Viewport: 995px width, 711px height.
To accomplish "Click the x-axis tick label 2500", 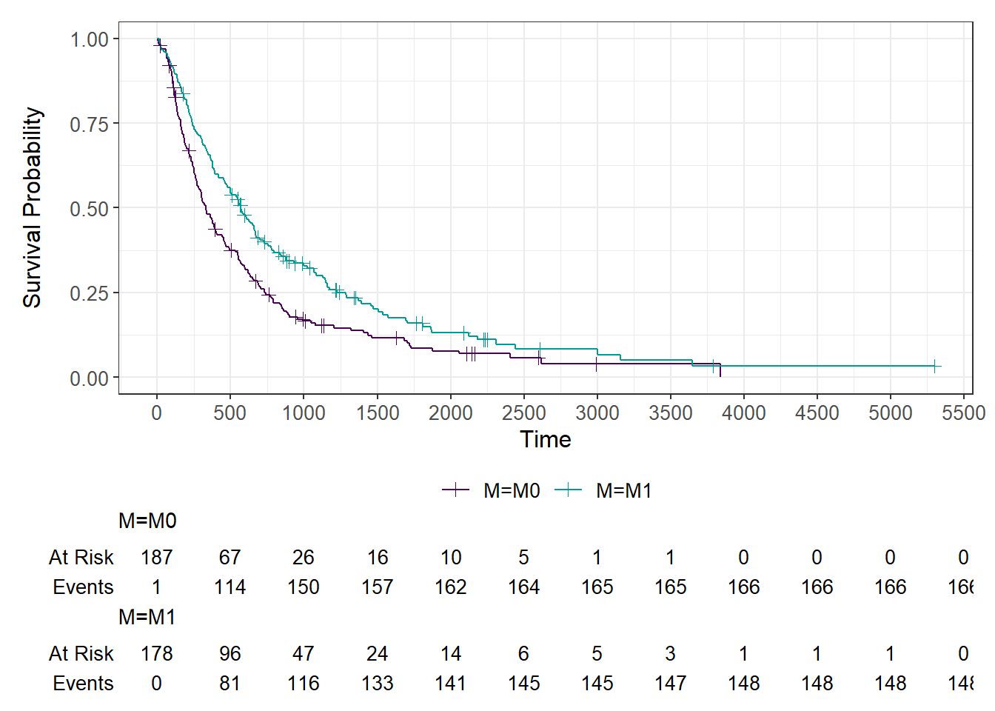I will coord(523,413).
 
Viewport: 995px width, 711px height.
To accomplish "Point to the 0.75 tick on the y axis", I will coord(90,124).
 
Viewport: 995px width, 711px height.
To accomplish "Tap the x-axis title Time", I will coord(546,439).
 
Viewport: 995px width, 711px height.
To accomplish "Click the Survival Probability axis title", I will coord(33,207).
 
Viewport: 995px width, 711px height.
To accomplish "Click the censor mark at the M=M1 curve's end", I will coord(935,366).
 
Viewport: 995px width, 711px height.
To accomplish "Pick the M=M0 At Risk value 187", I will coord(157,557).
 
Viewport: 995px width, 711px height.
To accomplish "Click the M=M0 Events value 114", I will coord(230,587).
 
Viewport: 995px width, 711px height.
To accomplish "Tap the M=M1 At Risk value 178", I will coord(157,653).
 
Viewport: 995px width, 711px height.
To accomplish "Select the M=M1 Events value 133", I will coord(377,684).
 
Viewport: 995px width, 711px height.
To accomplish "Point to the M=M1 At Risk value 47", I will coord(304,653).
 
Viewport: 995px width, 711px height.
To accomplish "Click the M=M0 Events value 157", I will coord(377,587).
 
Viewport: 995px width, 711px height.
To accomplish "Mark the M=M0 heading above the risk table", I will coord(147,521).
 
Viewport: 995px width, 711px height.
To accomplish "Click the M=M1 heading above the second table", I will coord(147,617).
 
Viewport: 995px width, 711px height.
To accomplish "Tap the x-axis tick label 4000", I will coord(743,413).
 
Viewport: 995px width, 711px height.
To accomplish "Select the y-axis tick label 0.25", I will coord(90,293).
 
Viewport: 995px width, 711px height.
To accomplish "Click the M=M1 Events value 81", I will coord(230,684).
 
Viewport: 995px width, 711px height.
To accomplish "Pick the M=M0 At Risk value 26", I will coord(304,557).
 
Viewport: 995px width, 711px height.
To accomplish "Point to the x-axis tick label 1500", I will coord(377,413).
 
